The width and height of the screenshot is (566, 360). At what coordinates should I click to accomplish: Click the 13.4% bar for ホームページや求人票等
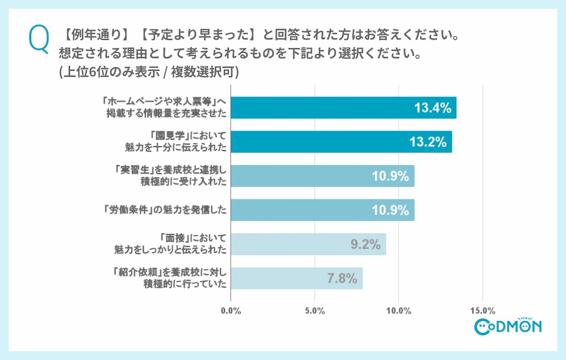[x=344, y=108]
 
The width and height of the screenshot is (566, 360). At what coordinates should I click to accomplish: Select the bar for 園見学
[x=341, y=142]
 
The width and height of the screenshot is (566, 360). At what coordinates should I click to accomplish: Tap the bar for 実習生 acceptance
[x=322, y=176]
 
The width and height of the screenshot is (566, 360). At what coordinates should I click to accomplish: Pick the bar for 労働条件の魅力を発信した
[x=322, y=210]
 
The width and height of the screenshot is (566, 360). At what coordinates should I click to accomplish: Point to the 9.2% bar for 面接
[x=308, y=244]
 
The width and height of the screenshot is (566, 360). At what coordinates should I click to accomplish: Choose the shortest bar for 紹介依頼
[x=296, y=278]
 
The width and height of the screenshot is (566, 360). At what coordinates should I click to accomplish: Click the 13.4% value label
[x=433, y=108]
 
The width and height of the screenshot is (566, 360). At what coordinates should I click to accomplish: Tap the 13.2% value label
[x=428, y=142]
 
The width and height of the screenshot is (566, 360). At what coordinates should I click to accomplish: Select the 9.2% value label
[x=366, y=244]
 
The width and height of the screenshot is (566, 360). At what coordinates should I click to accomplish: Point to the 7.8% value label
[x=342, y=279]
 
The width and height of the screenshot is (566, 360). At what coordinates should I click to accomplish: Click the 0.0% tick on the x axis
[x=231, y=311]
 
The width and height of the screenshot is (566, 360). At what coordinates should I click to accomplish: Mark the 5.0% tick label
[x=314, y=311]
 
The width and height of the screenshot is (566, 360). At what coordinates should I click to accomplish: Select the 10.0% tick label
[x=399, y=311]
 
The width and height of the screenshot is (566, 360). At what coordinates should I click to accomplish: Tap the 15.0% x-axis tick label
[x=482, y=311]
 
